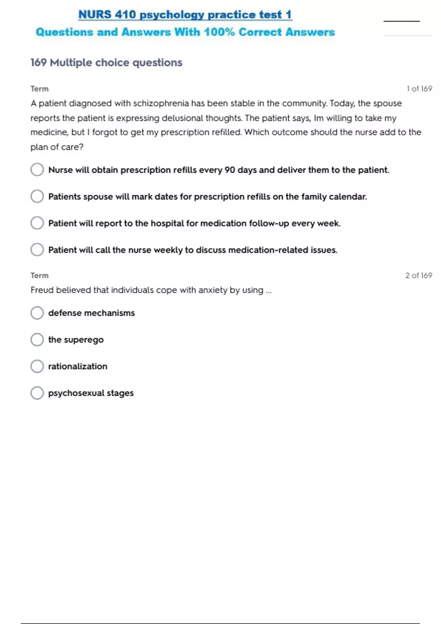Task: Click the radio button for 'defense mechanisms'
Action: click(37, 313)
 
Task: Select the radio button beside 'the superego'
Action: click(37, 340)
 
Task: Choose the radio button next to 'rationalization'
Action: click(37, 366)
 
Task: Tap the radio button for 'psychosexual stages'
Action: click(37, 393)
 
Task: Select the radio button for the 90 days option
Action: click(37, 170)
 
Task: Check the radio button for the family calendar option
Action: click(37, 196)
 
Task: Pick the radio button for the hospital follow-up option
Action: click(37, 223)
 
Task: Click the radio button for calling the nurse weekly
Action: click(37, 250)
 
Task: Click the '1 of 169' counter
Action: click(419, 89)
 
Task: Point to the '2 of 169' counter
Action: click(419, 275)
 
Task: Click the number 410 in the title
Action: click(125, 15)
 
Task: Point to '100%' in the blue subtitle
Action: click(219, 32)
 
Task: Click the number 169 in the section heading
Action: click(39, 62)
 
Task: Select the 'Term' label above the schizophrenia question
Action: click(39, 89)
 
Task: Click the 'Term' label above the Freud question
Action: click(39, 275)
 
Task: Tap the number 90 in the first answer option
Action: click(230, 170)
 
